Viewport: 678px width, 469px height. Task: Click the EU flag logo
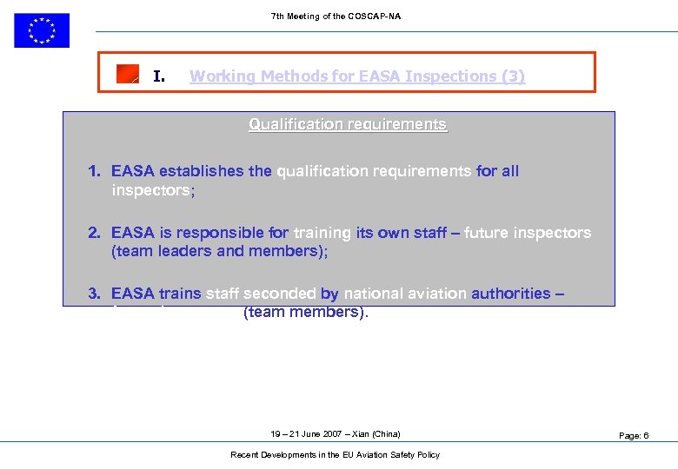pyautogui.click(x=41, y=30)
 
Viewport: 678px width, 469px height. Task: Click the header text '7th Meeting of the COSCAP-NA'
pyautogui.click(x=336, y=17)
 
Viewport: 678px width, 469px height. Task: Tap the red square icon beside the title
pyautogui.click(x=128, y=75)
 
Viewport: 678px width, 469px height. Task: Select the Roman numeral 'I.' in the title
pyautogui.click(x=159, y=76)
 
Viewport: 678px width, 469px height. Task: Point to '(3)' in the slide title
pyautogui.click(x=513, y=76)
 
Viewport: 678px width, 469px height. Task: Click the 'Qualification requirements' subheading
pyautogui.click(x=348, y=124)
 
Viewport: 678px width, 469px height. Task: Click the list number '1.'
pyautogui.click(x=96, y=171)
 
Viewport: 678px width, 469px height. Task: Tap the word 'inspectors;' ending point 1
pyautogui.click(x=153, y=190)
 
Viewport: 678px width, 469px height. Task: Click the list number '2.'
pyautogui.click(x=96, y=233)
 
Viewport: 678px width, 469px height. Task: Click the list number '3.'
pyautogui.click(x=96, y=294)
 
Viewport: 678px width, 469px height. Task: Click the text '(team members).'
pyautogui.click(x=306, y=312)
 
